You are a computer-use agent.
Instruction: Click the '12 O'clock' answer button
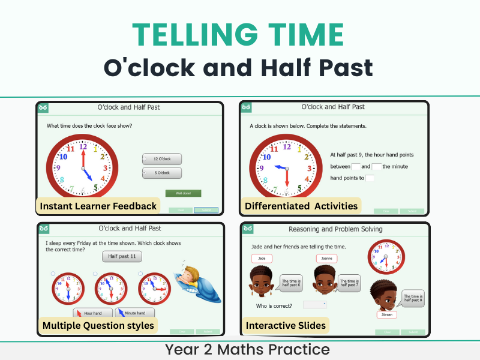(162, 159)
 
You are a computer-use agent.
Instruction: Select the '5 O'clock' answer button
(162, 173)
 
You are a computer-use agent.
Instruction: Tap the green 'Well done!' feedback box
(183, 193)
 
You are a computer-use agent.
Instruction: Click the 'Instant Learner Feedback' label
(98, 206)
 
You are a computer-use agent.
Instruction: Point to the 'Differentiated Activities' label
(301, 206)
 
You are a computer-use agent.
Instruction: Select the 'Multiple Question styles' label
(98, 326)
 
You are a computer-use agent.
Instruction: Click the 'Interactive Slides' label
(286, 326)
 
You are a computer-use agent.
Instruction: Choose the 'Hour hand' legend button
(93, 313)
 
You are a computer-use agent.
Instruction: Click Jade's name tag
(262, 259)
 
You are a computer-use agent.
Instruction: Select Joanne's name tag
(326, 259)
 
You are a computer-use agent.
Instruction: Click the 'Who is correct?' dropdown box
(314, 305)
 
